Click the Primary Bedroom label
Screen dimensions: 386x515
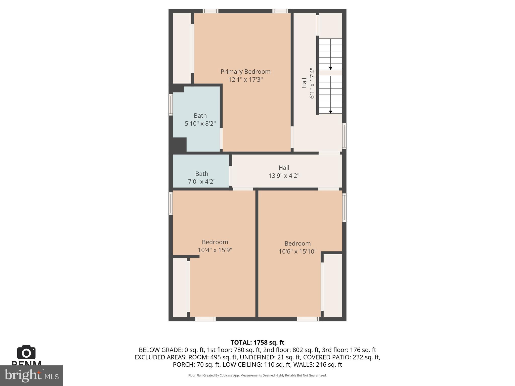pos(245,72)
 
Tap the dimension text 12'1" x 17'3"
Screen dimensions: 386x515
pos(245,80)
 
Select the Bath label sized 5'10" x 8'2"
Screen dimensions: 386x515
pos(200,116)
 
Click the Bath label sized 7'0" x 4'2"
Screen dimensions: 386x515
pos(202,174)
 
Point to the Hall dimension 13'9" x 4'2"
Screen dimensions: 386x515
pos(284,176)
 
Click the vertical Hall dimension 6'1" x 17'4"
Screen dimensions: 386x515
pos(312,83)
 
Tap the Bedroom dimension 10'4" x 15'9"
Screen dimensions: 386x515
pos(215,250)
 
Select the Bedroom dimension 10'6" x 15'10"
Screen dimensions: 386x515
pos(297,252)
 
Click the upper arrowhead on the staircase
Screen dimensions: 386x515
pos(331,68)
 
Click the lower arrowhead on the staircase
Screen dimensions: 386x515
pos(331,112)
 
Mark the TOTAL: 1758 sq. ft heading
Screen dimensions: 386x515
pos(257,343)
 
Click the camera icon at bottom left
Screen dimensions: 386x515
pos(26,352)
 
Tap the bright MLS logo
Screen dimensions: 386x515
pos(31,375)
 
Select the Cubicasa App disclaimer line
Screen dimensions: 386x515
pos(257,375)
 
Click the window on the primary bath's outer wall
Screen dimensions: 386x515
pos(170,105)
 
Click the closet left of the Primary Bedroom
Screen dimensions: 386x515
pos(182,48)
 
